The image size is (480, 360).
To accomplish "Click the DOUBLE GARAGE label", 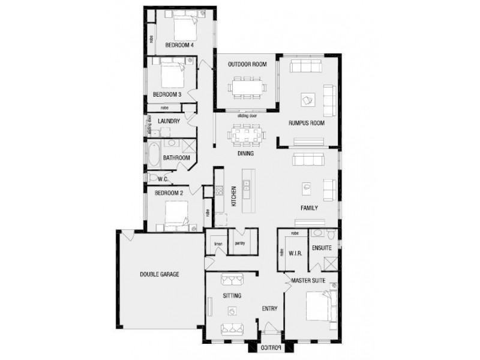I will tap(160, 274).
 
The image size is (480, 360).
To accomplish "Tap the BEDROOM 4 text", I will tap(179, 45).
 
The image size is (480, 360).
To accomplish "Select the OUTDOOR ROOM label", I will tap(247, 64).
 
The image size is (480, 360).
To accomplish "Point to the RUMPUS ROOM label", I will tap(306, 123).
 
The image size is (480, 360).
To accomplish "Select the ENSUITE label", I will tap(323, 247).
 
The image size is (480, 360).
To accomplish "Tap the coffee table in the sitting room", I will tap(232, 311).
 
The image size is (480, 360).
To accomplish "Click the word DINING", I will tap(245, 154).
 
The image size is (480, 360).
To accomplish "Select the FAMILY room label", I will tap(309, 208).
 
